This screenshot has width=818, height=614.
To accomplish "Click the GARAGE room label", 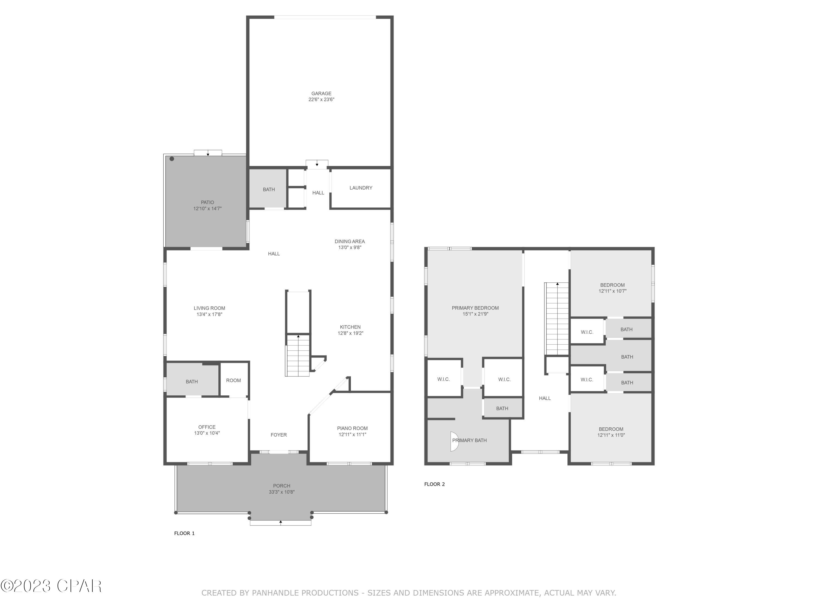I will [321, 94].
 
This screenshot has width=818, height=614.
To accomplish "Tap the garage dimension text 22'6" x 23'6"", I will [321, 100].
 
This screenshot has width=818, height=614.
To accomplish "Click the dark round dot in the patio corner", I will [172, 159].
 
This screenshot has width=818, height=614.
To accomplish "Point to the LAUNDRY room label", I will [360, 188].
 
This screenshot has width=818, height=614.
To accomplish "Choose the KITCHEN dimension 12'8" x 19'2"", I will [350, 333].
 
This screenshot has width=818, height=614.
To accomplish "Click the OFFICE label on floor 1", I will [206, 427].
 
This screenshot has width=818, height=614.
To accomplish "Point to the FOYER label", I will [278, 435].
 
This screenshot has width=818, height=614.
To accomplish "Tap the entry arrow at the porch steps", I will [281, 522].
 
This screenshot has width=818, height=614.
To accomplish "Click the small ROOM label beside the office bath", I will [233, 380].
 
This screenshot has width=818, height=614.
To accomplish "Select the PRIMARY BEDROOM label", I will [475, 308].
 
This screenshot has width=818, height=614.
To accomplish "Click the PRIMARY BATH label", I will [469, 440].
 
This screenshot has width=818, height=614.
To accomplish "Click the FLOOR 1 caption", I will [184, 533].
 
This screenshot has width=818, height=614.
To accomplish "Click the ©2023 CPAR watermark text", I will [51, 586].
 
